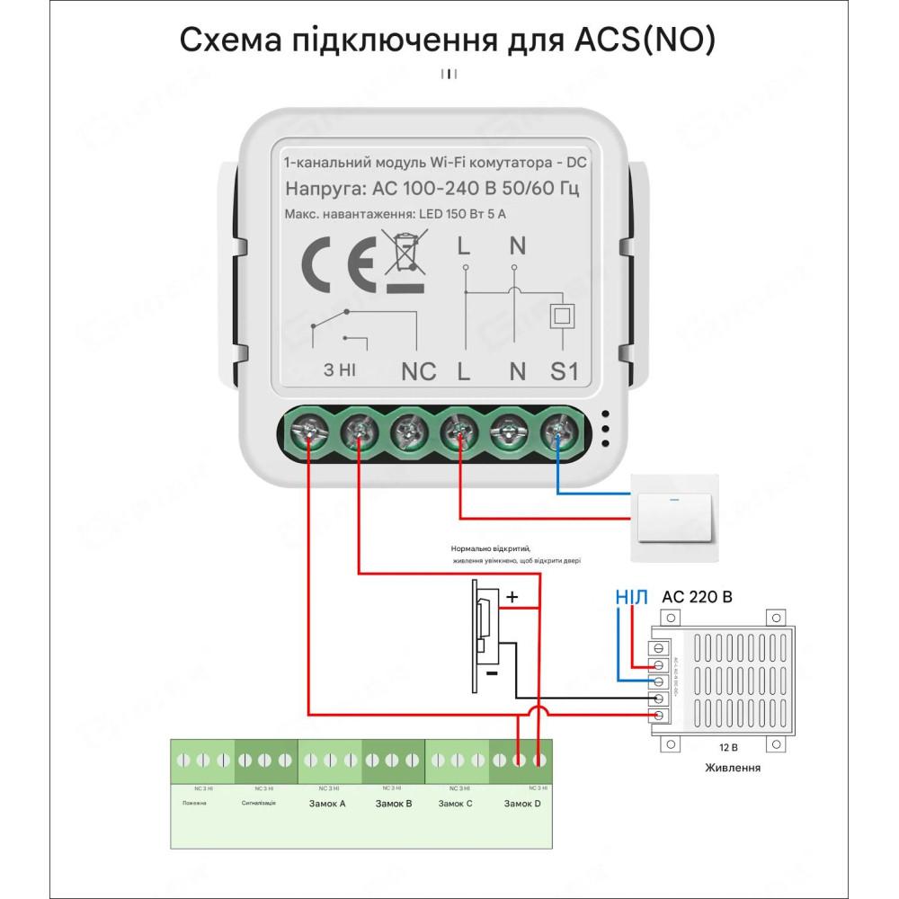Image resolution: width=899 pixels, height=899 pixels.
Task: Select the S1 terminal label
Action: pos(564,370)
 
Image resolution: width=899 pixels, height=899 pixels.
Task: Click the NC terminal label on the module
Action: pos(417,370)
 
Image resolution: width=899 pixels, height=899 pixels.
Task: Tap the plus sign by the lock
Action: pos(512,596)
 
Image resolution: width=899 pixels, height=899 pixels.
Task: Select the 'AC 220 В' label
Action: pos(697,596)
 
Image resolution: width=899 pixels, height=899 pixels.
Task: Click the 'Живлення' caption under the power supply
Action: pos(733,768)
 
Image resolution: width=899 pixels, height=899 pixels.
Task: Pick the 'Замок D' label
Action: pos(522,803)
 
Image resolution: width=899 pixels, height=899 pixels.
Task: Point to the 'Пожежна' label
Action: pos(194,803)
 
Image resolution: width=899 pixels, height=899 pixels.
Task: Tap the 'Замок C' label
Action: pos(456,803)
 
